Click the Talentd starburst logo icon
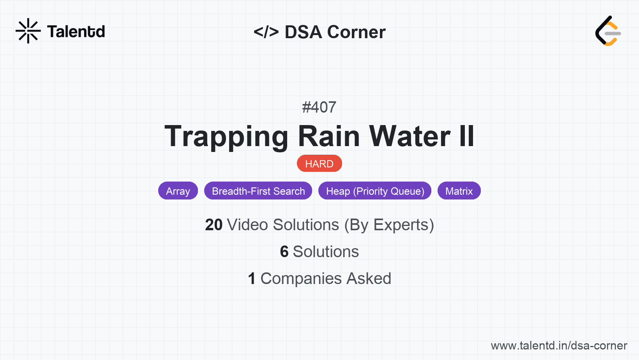coord(28,31)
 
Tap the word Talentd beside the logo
coord(76,32)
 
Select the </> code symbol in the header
coord(266,32)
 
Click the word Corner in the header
coord(356,32)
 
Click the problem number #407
coord(319,107)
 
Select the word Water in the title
coord(410,136)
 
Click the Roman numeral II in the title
coord(466,136)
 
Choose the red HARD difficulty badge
coord(319,164)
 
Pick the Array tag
coord(178,191)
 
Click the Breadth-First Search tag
coord(258,191)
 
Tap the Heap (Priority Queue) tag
coord(375,191)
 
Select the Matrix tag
coord(459,191)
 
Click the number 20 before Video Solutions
coord(214,225)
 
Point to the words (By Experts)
coord(389,225)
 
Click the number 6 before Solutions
coord(284,252)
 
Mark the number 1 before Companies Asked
coord(252,279)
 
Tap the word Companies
coord(301,279)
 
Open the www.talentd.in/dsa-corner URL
coord(559,346)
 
